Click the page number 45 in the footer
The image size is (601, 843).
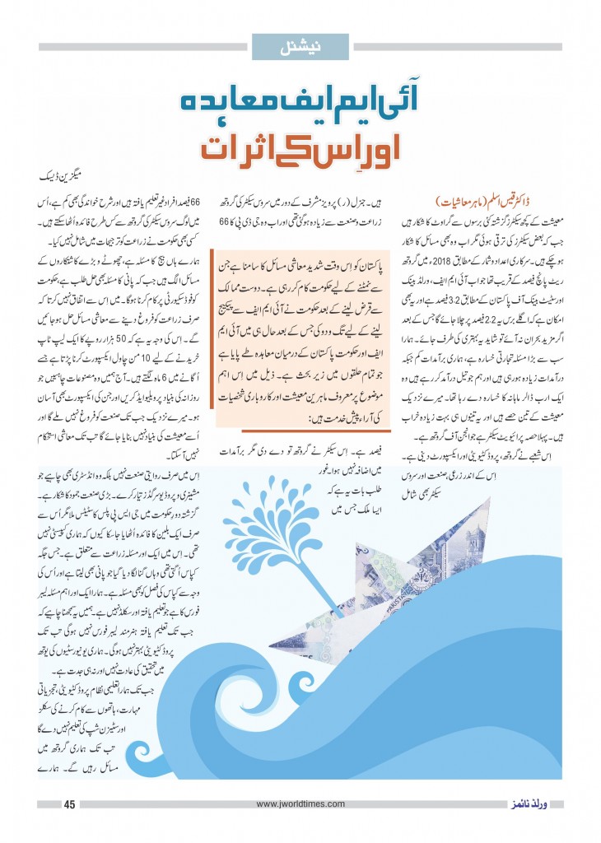[69, 804]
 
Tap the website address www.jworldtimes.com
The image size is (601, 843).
[300, 804]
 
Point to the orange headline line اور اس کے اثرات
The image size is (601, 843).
[300, 149]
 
